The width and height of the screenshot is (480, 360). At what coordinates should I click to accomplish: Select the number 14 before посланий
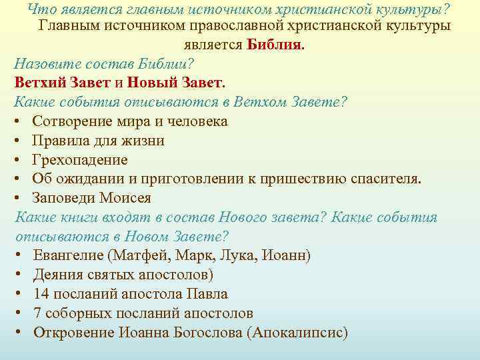41,294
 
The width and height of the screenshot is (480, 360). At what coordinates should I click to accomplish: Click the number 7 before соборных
37,313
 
